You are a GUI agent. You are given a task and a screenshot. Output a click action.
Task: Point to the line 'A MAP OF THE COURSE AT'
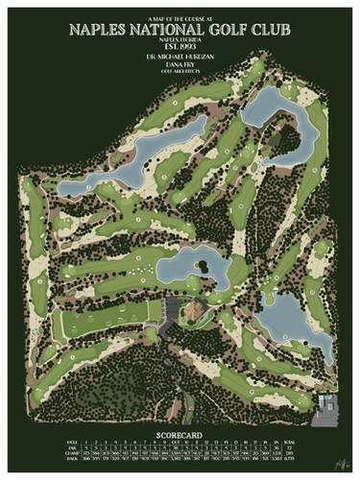[180, 15]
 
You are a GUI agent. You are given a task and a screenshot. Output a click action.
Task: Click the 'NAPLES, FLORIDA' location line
[180, 38]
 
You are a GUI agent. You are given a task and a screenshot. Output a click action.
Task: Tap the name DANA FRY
[180, 65]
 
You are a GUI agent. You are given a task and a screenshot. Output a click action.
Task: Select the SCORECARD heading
[180, 433]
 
